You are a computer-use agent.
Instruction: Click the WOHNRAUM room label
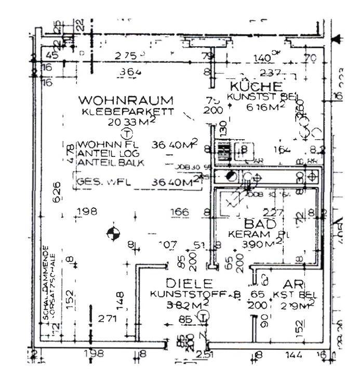click(x=125, y=99)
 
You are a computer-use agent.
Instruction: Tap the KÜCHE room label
click(x=257, y=86)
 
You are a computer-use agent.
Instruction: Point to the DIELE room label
click(x=190, y=284)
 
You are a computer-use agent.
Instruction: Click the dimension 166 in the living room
click(x=180, y=212)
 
